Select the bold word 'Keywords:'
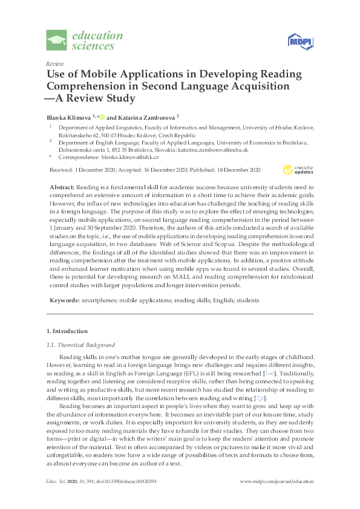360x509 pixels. (65, 300)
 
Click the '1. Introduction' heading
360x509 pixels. (67, 331)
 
